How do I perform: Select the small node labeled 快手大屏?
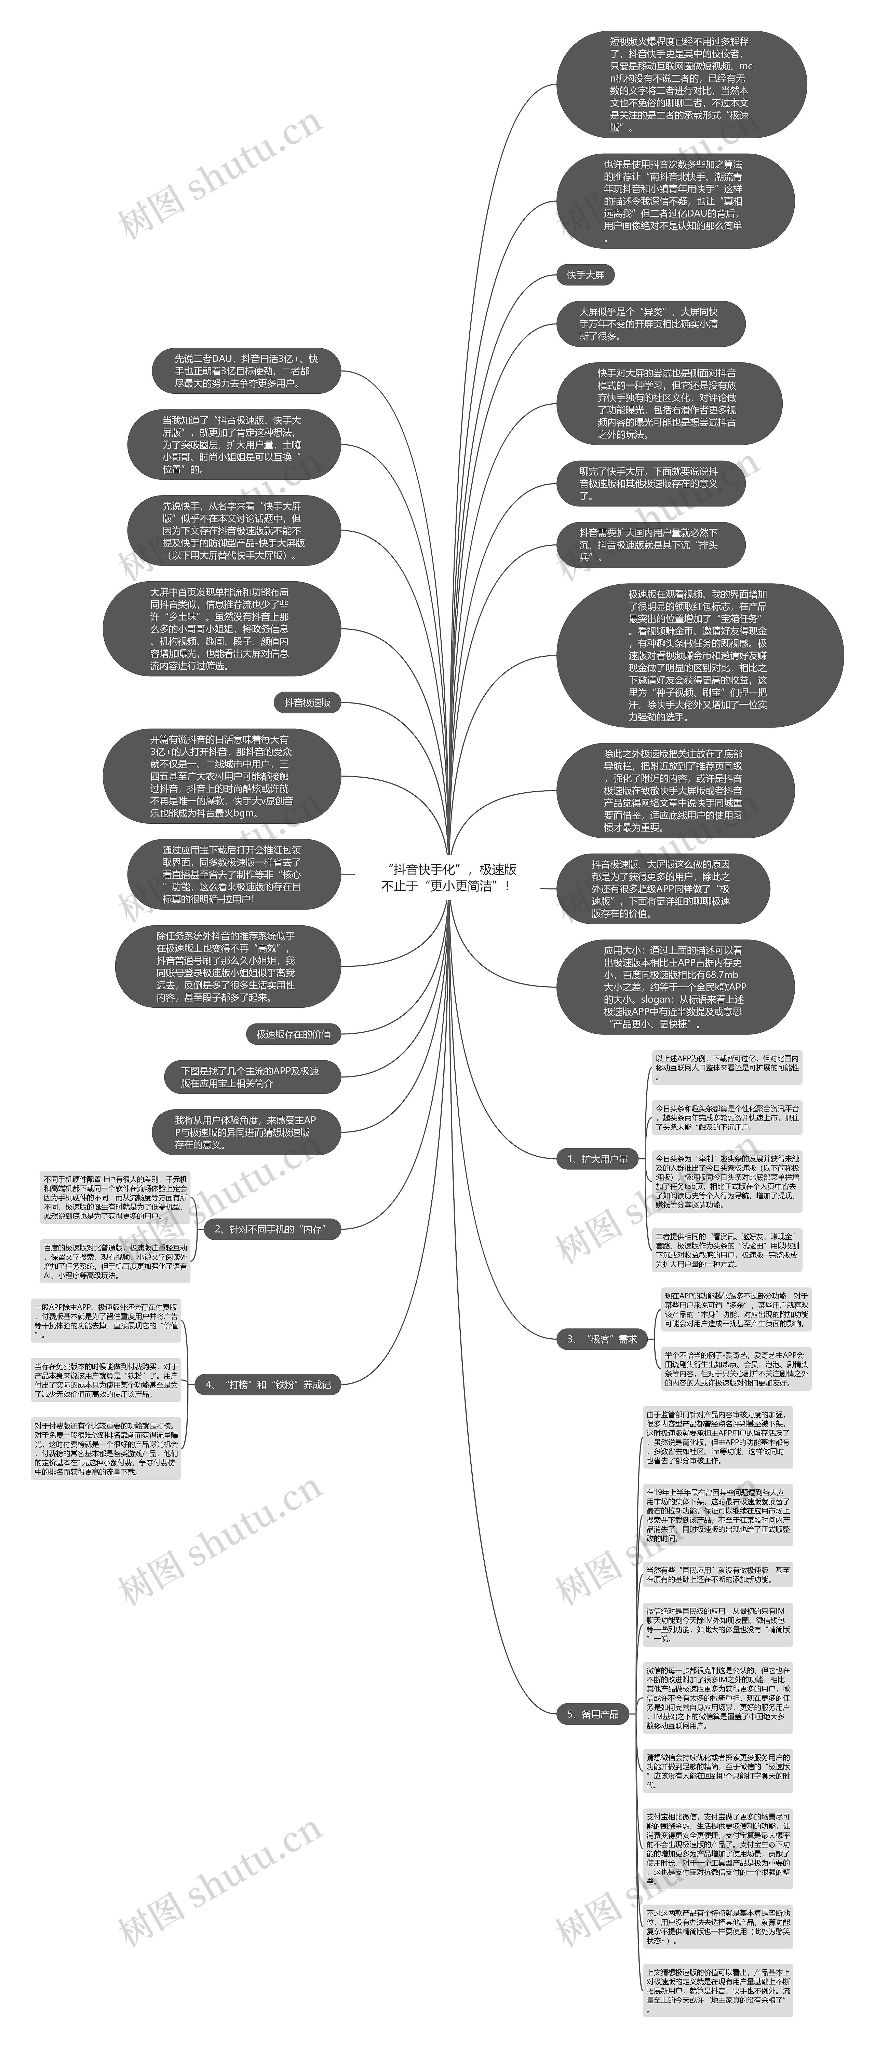click(x=585, y=275)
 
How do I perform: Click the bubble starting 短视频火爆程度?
click(x=681, y=84)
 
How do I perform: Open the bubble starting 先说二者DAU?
click(x=246, y=371)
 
